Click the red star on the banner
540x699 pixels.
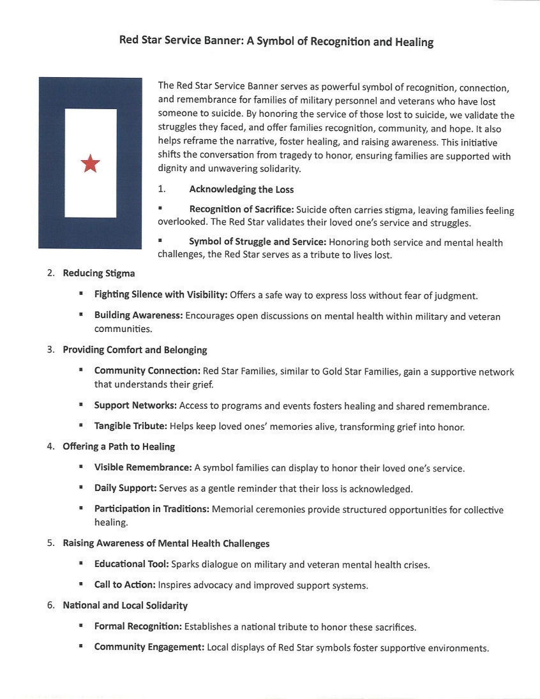click(90, 164)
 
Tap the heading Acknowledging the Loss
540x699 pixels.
click(241, 189)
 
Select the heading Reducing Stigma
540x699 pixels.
click(99, 273)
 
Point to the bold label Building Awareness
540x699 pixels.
click(138, 315)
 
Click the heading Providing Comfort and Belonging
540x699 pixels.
click(135, 350)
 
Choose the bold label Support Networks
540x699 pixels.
click(135, 405)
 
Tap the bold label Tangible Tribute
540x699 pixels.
click(131, 426)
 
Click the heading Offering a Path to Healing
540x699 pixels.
click(119, 446)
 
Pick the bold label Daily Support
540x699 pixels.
click(125, 488)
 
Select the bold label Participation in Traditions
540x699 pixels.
click(152, 509)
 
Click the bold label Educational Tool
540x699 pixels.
click(132, 564)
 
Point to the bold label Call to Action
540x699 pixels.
click(125, 585)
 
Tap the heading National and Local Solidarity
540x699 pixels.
click(125, 606)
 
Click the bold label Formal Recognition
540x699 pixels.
click(138, 626)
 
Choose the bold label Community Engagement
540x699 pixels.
click(149, 647)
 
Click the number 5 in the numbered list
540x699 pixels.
click(50, 543)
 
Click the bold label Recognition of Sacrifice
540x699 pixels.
click(241, 210)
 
